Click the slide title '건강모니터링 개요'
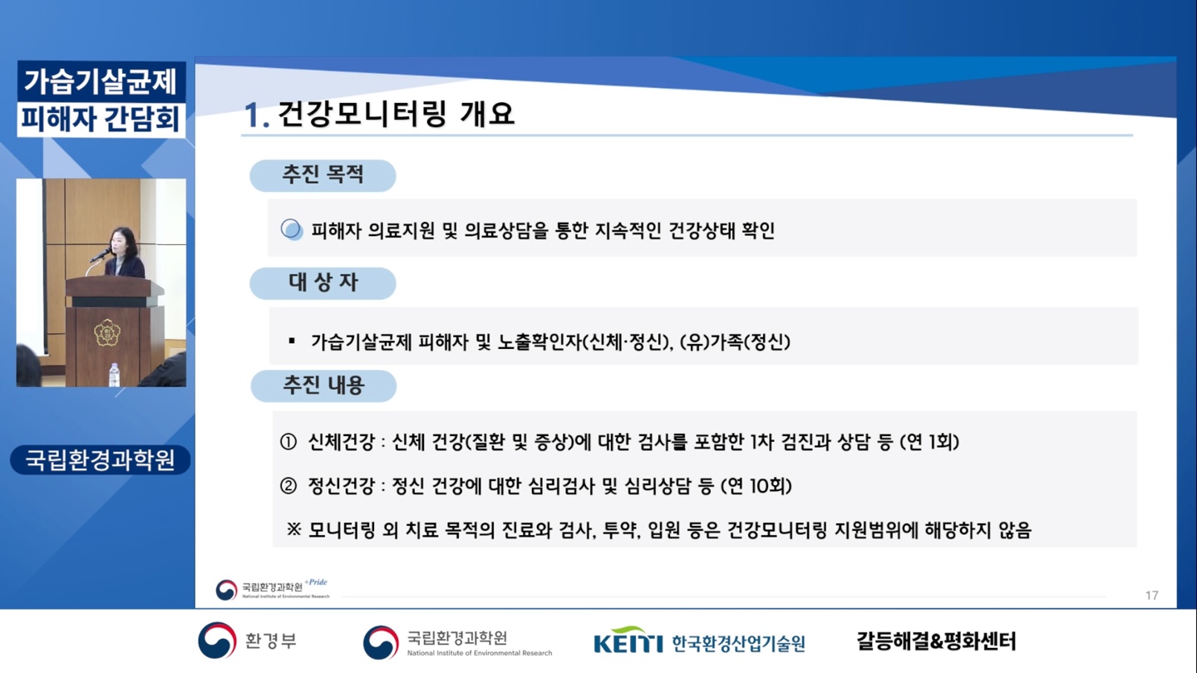click(396, 113)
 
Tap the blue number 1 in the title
click(254, 115)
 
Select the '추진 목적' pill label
click(323, 175)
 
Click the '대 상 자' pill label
click(323, 283)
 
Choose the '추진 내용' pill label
click(323, 386)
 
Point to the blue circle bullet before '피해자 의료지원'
click(292, 229)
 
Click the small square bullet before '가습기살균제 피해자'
click(292, 341)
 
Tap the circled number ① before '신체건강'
click(288, 442)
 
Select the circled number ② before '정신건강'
click(288, 485)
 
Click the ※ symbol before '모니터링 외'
click(294, 529)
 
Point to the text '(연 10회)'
click(756, 485)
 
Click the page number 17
click(1151, 595)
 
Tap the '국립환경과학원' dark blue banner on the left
click(101, 459)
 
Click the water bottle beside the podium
click(115, 375)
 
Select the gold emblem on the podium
click(107, 332)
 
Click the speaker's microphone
click(101, 255)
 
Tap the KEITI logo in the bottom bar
click(628, 641)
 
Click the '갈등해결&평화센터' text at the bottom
click(936, 641)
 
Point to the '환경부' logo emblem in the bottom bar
click(217, 640)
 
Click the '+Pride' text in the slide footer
click(316, 582)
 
